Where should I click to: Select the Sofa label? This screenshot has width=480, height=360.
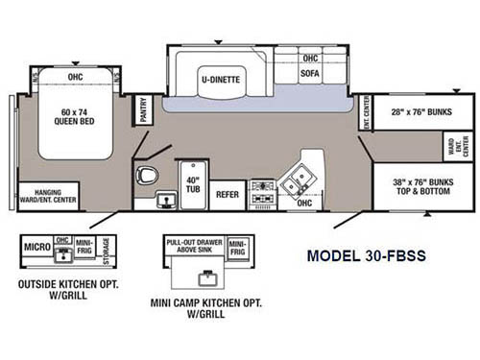[x=311, y=73]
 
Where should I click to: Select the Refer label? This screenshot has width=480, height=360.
[x=228, y=194]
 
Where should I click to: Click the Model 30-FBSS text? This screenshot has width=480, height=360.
[x=366, y=256]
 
